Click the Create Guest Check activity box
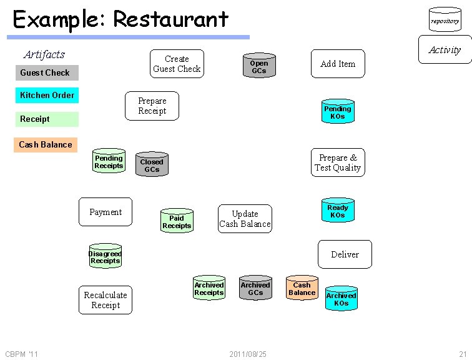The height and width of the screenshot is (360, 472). point(177,64)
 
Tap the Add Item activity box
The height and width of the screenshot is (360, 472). point(338,64)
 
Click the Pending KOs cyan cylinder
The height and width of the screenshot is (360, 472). point(337,112)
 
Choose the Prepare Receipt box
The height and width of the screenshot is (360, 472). point(152,106)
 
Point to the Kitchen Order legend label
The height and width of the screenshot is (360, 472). point(47,95)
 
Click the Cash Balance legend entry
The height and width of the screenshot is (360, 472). point(46,144)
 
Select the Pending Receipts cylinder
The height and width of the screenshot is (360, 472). point(109,161)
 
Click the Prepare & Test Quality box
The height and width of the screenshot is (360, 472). point(338,162)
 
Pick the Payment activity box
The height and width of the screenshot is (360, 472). point(106,212)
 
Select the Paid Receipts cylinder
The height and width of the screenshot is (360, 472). point(177,221)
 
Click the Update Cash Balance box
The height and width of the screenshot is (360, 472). point(245,219)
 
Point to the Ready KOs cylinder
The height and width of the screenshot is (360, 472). point(337,211)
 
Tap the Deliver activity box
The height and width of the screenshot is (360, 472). point(345,254)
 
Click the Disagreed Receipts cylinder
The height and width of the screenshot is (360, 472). point(105,257)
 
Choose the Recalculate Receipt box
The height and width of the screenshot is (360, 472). point(106,300)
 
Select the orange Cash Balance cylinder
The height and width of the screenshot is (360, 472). point(302,288)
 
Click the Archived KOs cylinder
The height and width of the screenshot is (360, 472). point(341,299)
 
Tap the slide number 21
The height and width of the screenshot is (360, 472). point(463,354)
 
